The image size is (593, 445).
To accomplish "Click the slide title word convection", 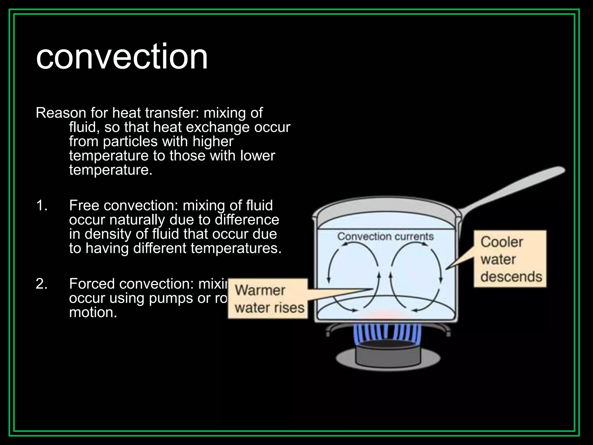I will pyautogui.click(x=122, y=56).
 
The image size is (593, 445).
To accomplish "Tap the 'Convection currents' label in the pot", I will pyautogui.click(x=385, y=237).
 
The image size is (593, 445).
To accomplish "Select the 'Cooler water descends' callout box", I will pyautogui.click(x=510, y=259).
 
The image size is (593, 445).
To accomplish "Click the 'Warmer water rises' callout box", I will pyautogui.click(x=268, y=299).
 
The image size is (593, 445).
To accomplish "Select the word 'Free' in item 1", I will pyautogui.click(x=84, y=206).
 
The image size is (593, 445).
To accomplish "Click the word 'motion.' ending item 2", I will pyautogui.click(x=93, y=313).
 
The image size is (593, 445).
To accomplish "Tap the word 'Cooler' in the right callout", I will pyautogui.click(x=502, y=242).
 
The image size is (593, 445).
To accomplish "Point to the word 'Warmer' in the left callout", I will pyautogui.click(x=260, y=290).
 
